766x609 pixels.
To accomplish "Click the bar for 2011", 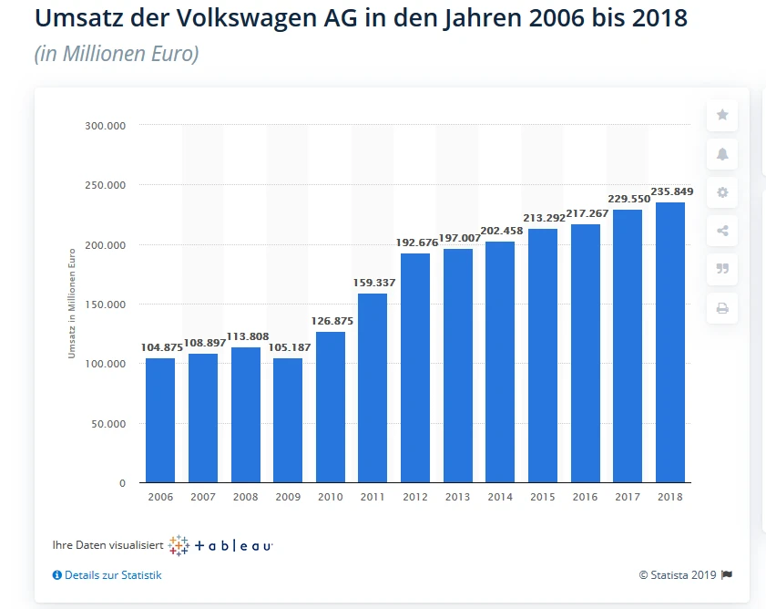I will click(x=373, y=387).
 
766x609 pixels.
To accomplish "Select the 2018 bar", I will click(x=670, y=342).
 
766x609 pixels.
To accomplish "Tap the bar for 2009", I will click(x=288, y=419).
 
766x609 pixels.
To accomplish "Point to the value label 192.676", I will click(x=415, y=243).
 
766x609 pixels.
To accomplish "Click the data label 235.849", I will click(x=671, y=191).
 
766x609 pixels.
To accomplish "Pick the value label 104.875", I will click(x=160, y=347).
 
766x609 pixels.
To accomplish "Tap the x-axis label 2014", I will click(x=500, y=498).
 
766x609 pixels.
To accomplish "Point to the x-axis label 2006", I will click(x=160, y=498).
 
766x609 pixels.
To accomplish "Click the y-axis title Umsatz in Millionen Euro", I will click(x=71, y=304).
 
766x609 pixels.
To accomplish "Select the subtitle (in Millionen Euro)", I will click(x=117, y=54).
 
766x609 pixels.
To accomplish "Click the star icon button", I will click(x=722, y=115).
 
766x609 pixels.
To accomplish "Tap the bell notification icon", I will click(x=722, y=154).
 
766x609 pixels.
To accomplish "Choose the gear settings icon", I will click(x=722, y=192).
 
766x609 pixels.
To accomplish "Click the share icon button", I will click(x=722, y=231).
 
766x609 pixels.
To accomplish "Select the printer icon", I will click(x=722, y=308).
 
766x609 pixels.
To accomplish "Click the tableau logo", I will click(x=221, y=545).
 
